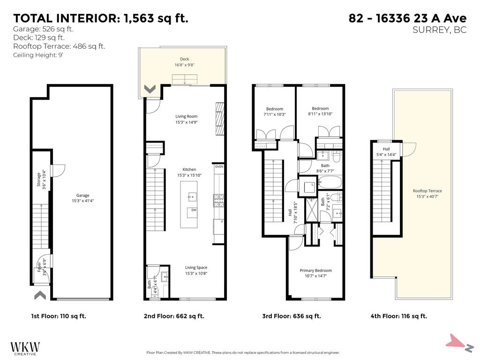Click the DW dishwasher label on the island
coord(193,210)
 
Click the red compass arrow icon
coord(456,341)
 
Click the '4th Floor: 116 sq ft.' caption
coord(398,316)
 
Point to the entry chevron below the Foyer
coord(40,295)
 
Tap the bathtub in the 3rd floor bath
coord(330,183)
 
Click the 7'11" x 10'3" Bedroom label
coord(275,112)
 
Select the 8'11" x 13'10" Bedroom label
coord(320,111)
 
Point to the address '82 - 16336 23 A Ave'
coord(407,18)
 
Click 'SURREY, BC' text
coord(440,30)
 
